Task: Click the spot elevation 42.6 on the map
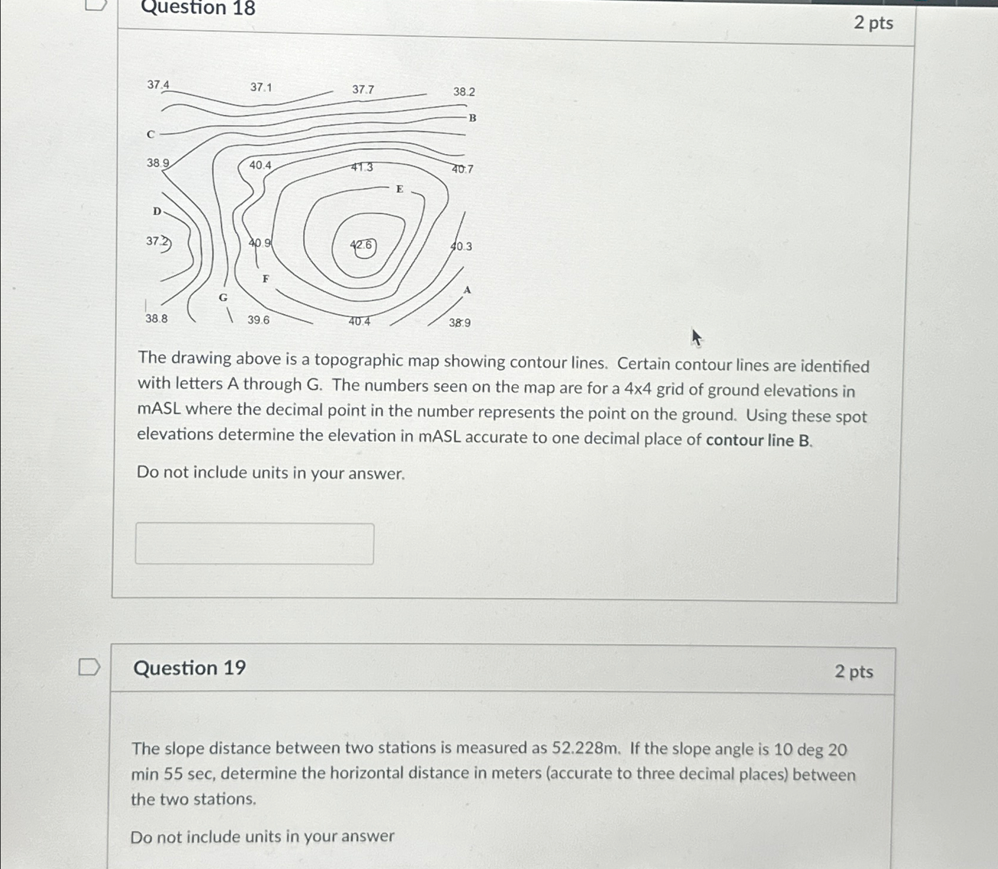click(x=362, y=245)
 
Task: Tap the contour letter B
click(x=473, y=118)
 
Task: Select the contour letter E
click(x=400, y=189)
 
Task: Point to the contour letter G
click(x=223, y=298)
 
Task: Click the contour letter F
click(x=265, y=279)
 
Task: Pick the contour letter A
click(x=467, y=290)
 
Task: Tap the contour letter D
click(x=157, y=211)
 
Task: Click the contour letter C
click(x=150, y=135)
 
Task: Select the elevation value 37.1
click(x=261, y=88)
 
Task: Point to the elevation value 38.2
click(x=464, y=92)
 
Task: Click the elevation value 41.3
click(x=362, y=167)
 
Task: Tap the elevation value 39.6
click(x=258, y=320)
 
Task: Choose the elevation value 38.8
click(x=156, y=319)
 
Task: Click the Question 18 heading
click(x=198, y=8)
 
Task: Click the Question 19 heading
click(x=190, y=668)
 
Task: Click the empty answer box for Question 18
click(x=254, y=544)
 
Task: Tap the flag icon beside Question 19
click(x=89, y=667)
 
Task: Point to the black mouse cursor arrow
click(x=696, y=338)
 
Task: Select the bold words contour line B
click(x=759, y=440)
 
